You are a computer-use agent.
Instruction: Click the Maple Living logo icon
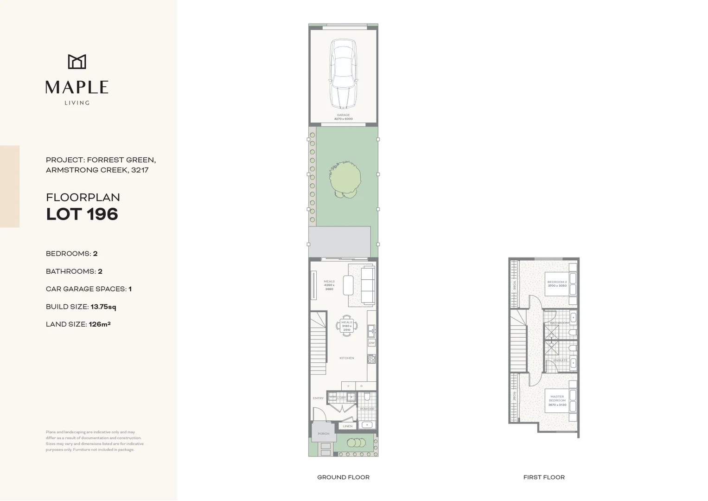[77, 62]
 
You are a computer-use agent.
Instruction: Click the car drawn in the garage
[343, 74]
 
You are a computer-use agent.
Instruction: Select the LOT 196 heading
[82, 214]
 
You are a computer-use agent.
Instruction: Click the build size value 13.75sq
[103, 307]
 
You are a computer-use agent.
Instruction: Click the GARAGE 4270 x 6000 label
[343, 117]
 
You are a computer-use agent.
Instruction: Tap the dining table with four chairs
[347, 325]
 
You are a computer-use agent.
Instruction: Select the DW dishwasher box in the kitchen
[371, 343]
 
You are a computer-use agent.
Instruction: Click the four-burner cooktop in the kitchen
[371, 359]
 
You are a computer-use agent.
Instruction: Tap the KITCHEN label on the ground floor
[347, 358]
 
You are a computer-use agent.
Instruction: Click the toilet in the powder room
[367, 397]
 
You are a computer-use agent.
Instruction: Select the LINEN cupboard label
[348, 426]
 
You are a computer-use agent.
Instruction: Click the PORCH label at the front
[323, 434]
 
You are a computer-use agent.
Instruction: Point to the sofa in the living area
[368, 285]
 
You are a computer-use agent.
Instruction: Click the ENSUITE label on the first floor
[560, 360]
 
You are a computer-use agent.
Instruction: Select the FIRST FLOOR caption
[544, 477]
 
